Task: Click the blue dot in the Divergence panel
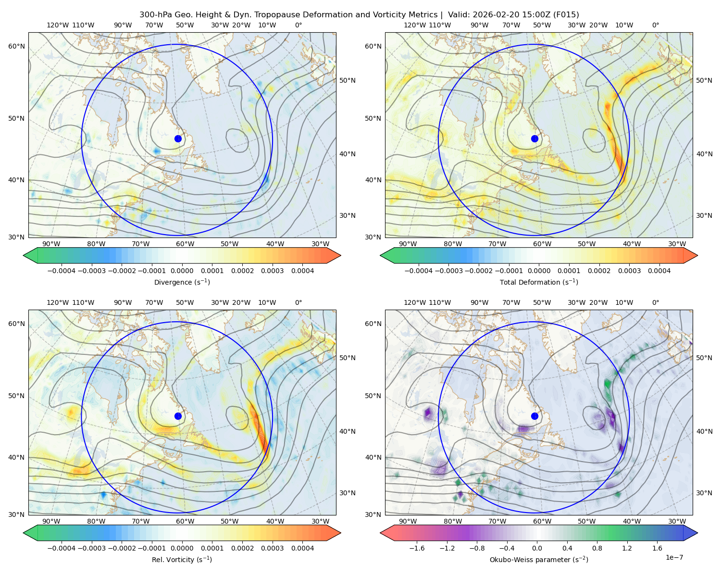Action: [x=178, y=139]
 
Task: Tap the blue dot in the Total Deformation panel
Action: [x=535, y=139]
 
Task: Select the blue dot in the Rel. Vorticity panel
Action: [x=178, y=416]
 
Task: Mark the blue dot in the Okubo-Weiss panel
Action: [x=535, y=416]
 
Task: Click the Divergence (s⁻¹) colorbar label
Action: [x=182, y=282]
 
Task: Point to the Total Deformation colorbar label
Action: [x=539, y=282]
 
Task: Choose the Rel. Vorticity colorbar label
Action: [x=182, y=560]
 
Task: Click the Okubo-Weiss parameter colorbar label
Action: [x=539, y=560]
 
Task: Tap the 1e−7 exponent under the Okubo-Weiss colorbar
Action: [x=674, y=557]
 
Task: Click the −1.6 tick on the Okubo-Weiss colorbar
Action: [x=417, y=548]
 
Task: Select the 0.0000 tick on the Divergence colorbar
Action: [x=182, y=271]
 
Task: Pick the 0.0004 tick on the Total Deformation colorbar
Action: [x=659, y=271]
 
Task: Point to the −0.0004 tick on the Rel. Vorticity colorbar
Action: [x=62, y=548]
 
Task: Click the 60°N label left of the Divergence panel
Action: [x=17, y=46]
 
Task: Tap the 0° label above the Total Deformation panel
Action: [x=656, y=25]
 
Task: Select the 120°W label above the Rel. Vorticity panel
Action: [x=58, y=302]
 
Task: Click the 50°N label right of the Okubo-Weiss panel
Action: [x=704, y=358]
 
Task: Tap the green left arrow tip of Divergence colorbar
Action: [x=24, y=255]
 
